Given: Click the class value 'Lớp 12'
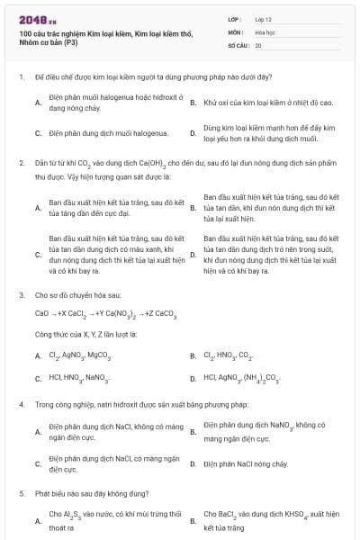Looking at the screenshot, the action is tap(263, 18).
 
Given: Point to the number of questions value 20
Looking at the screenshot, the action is tap(258, 44).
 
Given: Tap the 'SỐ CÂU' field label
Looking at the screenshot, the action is tap(238, 44).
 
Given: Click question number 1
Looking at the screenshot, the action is tap(21, 78).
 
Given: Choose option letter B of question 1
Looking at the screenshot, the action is tap(193, 103).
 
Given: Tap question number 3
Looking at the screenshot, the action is tap(21, 294).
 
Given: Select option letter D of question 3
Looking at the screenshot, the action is tap(193, 378).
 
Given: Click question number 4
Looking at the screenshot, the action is tap(21, 405).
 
